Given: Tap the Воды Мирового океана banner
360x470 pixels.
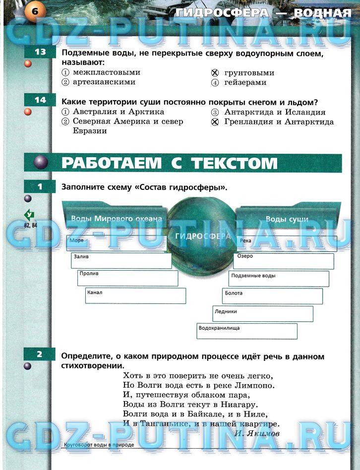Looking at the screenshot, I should tap(117, 219).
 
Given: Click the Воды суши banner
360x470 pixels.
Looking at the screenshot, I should tap(287, 219).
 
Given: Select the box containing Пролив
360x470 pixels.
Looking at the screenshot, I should tap(127, 278).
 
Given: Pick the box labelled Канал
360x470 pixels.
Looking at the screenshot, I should tap(135, 295).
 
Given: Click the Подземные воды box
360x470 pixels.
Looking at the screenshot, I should tap(279, 279).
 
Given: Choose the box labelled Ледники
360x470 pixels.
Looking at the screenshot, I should tap(263, 314).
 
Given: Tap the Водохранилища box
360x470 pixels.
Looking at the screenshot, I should tap(247, 331).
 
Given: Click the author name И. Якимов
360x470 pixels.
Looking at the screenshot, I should tap(257, 433).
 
